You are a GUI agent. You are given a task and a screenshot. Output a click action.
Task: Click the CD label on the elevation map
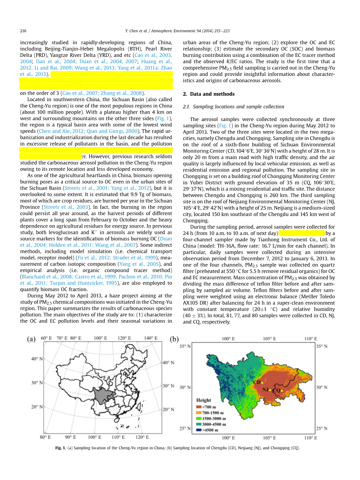(x=257, y=382)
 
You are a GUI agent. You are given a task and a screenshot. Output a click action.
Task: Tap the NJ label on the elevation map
(x=265, y=389)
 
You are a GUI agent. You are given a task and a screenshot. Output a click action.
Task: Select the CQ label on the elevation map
(x=277, y=390)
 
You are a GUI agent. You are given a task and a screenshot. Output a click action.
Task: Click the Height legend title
(x=204, y=400)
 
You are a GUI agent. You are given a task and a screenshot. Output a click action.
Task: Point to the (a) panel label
(x=32, y=339)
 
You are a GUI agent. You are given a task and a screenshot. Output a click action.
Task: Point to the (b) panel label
(x=175, y=339)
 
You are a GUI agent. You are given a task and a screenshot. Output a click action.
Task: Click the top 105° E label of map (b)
(x=269, y=338)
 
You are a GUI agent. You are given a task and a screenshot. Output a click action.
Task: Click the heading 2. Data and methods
(x=209, y=94)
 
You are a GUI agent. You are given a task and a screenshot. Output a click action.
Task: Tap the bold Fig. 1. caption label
(x=61, y=448)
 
